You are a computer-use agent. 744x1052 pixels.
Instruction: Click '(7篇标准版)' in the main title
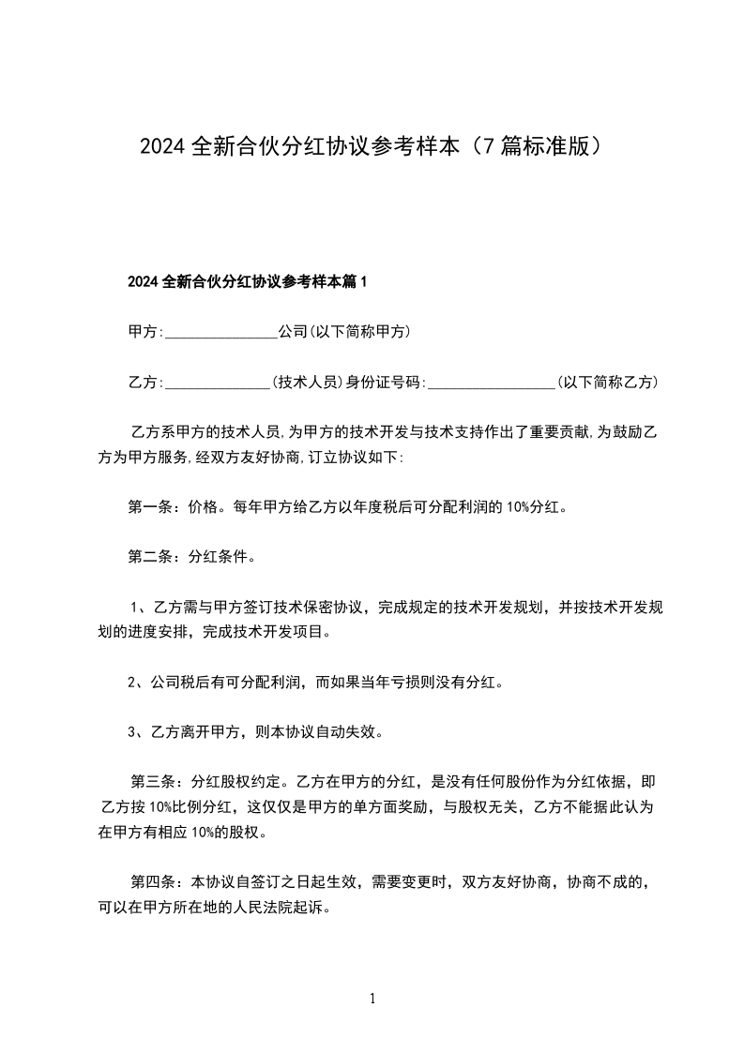click(x=536, y=147)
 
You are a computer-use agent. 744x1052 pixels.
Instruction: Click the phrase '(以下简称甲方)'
click(x=360, y=332)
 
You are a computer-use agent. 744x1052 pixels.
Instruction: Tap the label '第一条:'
click(x=148, y=508)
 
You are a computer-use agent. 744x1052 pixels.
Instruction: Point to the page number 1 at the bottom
click(x=372, y=999)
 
